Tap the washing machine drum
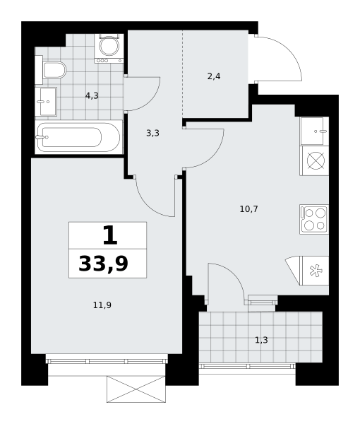(109, 46)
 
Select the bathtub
(78, 137)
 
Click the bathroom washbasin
(46, 102)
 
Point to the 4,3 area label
(92, 95)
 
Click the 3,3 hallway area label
(152, 133)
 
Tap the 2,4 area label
(214, 76)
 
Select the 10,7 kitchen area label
(248, 209)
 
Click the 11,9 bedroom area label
(102, 305)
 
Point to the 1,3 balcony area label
(261, 340)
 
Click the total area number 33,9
(103, 264)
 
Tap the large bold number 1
(110, 235)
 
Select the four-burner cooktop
(314, 219)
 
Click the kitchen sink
(314, 131)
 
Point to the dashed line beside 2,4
(183, 74)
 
